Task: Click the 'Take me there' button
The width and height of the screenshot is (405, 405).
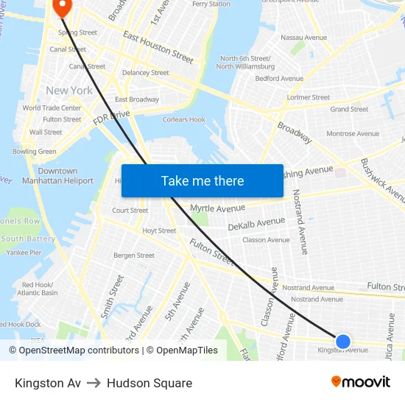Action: [202, 180]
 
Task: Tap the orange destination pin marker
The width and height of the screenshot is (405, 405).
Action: [62, 7]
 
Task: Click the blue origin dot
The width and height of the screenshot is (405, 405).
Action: [343, 341]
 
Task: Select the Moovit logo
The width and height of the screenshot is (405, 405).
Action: [360, 382]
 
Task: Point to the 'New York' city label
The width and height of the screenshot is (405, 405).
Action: [69, 91]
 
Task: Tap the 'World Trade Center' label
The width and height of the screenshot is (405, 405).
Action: [52, 108]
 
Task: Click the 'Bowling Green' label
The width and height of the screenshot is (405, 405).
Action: [34, 152]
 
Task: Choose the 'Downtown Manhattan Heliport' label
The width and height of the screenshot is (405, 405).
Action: [57, 176]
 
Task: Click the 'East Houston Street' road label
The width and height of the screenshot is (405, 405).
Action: [158, 47]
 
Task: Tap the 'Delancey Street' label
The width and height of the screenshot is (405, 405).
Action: [146, 73]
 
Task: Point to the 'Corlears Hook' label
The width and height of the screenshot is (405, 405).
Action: [184, 119]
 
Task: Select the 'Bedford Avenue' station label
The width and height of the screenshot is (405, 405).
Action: [281, 79]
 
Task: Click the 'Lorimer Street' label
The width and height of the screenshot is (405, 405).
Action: [309, 97]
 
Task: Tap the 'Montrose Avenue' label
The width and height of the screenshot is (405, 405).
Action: [353, 134]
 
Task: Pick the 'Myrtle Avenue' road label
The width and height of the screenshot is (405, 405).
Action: [217, 208]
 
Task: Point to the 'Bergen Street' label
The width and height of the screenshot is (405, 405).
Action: [134, 256]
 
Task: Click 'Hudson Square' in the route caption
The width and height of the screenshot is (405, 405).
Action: [149, 383]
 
